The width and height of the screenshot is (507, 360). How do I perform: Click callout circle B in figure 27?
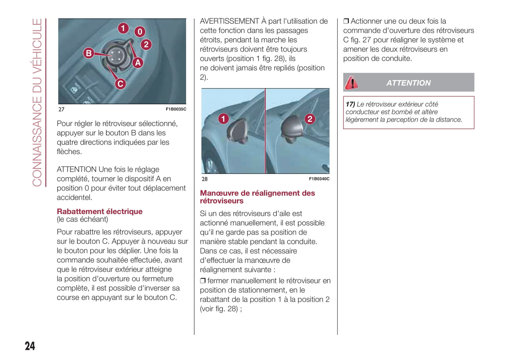pos(89,53)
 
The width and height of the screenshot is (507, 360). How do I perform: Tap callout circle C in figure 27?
pos(120,84)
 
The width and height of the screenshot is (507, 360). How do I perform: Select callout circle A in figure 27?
pos(138,63)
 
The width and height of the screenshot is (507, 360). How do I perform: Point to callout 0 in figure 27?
pos(140,32)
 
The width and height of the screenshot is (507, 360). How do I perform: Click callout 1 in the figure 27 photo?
pos(123,28)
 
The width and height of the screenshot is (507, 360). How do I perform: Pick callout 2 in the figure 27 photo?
pos(146,45)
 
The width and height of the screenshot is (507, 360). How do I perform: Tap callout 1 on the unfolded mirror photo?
pos(224,119)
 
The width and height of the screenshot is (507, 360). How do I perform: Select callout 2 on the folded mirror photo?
pos(309,119)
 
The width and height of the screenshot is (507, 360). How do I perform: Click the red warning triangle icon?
pos(351,83)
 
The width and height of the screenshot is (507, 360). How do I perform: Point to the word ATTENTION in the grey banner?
pos(408,83)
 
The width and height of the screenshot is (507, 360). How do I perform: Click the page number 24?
pos(30,346)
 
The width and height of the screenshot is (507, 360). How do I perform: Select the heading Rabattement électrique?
pos(100,212)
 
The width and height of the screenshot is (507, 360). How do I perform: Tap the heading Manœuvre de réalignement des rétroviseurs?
pos(257,197)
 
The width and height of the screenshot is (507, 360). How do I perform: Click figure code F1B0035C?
pos(176,109)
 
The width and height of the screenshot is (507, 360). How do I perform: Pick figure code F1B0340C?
pos(319,179)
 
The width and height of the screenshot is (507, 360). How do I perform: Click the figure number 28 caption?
pos(205,179)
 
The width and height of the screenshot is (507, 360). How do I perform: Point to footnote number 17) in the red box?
pos(350,104)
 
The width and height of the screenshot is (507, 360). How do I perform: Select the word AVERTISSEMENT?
pos(229,21)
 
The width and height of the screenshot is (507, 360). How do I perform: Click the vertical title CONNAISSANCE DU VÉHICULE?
pos(37,102)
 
